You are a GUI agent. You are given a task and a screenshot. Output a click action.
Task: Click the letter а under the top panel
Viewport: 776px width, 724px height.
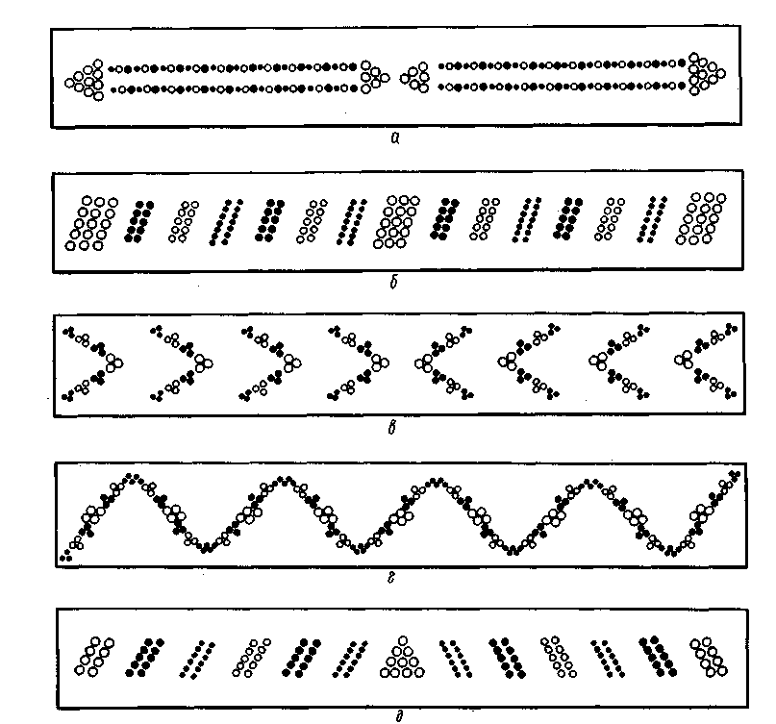click(x=394, y=138)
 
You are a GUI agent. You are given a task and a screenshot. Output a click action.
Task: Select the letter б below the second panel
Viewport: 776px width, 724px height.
click(x=393, y=283)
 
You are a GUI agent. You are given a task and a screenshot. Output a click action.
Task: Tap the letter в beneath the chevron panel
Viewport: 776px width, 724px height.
click(x=392, y=427)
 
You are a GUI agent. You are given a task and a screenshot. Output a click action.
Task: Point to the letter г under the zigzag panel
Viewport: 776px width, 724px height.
click(x=391, y=577)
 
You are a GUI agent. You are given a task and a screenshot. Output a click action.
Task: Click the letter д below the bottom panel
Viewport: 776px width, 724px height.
click(x=399, y=716)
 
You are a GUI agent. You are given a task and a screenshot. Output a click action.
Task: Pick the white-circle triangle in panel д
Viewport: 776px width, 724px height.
click(x=402, y=658)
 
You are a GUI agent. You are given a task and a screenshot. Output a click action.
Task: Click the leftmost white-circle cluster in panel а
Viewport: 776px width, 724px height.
click(x=85, y=80)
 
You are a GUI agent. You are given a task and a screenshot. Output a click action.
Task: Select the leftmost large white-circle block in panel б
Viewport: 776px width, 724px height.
click(x=92, y=223)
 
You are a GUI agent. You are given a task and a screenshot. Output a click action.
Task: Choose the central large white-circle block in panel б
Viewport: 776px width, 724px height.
click(x=396, y=222)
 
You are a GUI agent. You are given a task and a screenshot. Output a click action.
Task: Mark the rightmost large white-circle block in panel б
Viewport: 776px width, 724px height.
click(x=701, y=218)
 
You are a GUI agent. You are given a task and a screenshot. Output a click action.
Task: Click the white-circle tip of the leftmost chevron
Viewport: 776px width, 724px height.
click(x=114, y=362)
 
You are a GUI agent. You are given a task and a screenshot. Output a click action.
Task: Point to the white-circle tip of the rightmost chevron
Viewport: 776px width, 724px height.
click(x=683, y=360)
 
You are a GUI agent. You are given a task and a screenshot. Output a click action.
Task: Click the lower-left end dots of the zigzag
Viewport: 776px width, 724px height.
click(x=65, y=556)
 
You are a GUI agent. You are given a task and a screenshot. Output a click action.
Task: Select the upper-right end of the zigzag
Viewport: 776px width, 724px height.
click(x=735, y=475)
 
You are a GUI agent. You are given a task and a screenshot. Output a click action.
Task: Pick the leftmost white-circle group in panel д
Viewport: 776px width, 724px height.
click(x=94, y=656)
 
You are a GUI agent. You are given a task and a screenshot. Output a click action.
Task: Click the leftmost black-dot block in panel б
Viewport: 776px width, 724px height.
click(x=139, y=221)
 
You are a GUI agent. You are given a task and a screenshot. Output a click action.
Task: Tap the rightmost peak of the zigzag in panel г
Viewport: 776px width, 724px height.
click(x=588, y=482)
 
